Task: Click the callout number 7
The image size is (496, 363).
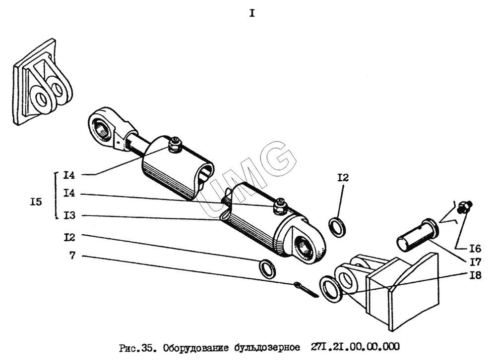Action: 73,255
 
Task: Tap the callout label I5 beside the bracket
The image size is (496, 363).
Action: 36,202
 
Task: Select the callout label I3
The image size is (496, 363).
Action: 69,216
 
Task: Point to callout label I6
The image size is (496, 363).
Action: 475,249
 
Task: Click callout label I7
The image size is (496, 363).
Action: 475,262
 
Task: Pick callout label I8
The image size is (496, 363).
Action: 475,275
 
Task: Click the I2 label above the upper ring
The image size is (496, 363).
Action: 343,178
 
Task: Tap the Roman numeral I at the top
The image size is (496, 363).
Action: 252,13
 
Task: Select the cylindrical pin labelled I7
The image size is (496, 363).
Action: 417,235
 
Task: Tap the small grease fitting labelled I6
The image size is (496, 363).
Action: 465,207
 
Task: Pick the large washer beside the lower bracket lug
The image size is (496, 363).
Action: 331,289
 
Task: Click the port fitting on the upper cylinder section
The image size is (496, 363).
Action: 174,145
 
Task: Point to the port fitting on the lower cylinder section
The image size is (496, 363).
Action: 280,207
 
